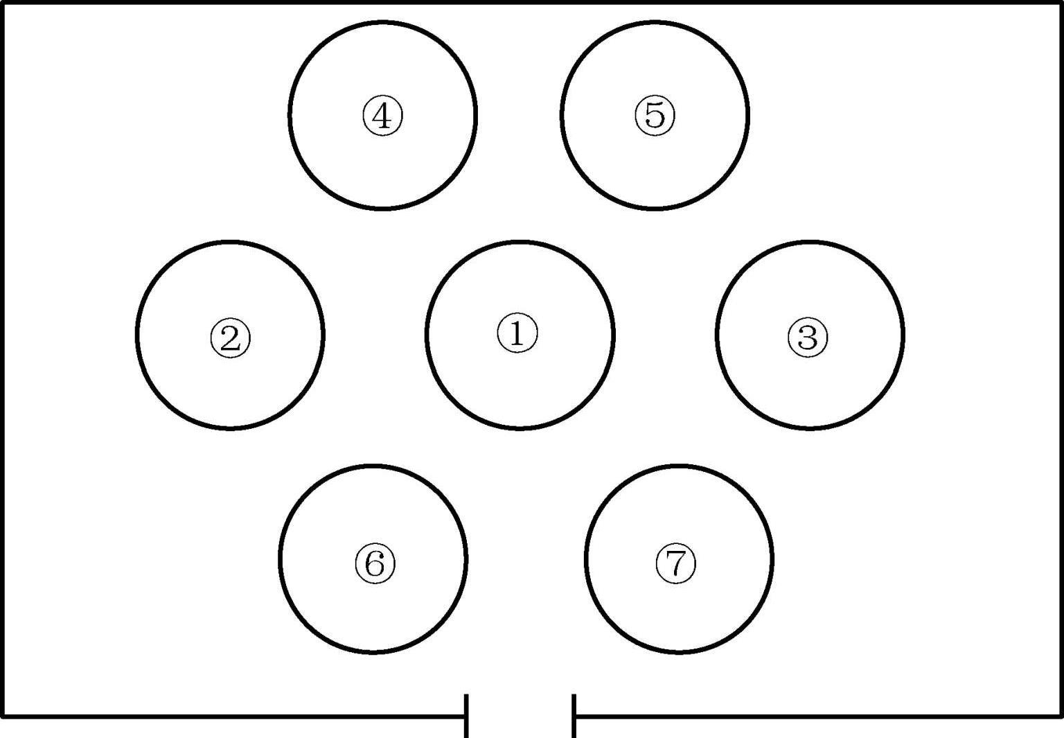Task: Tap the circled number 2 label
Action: click(231, 338)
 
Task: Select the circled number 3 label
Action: click(808, 338)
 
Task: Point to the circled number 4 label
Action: click(382, 116)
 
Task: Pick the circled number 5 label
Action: click(655, 115)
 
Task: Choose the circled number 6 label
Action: click(375, 563)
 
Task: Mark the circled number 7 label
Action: click(676, 563)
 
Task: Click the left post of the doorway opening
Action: click(466, 715)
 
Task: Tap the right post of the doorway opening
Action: click(574, 715)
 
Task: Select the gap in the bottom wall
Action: click(520, 717)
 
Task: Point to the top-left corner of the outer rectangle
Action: click(3, 3)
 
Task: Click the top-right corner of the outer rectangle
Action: click(1060, 3)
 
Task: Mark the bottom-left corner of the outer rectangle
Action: click(3, 716)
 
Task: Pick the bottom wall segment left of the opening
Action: click(236, 716)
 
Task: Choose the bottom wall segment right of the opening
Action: click(817, 716)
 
